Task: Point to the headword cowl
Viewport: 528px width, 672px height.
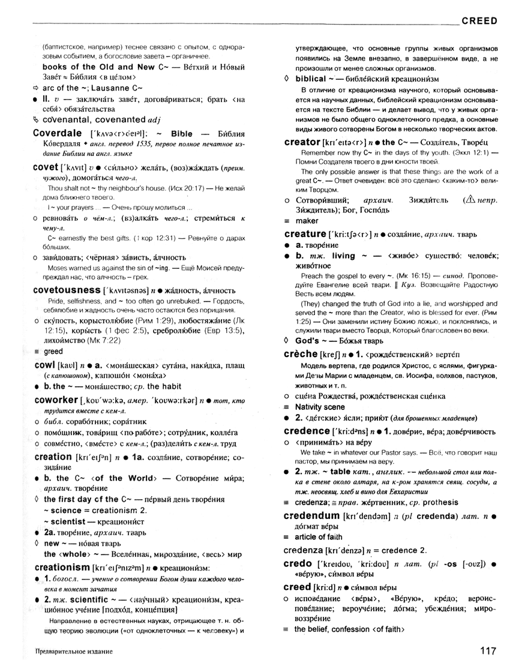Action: coord(45,365)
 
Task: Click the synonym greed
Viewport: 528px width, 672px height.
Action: coord(53,352)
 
